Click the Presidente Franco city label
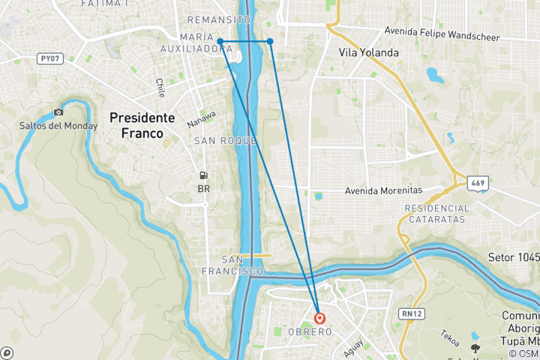tap(142, 125)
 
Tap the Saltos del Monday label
tap(58, 125)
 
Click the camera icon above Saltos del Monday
tap(58, 112)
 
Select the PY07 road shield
tap(50, 58)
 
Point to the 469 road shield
tap(477, 182)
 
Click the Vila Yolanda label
tap(368, 52)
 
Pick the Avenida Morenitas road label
tap(383, 190)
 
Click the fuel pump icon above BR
tap(203, 175)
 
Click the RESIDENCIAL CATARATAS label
tap(436, 214)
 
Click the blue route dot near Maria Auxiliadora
tap(220, 41)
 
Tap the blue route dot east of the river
tap(270, 41)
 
